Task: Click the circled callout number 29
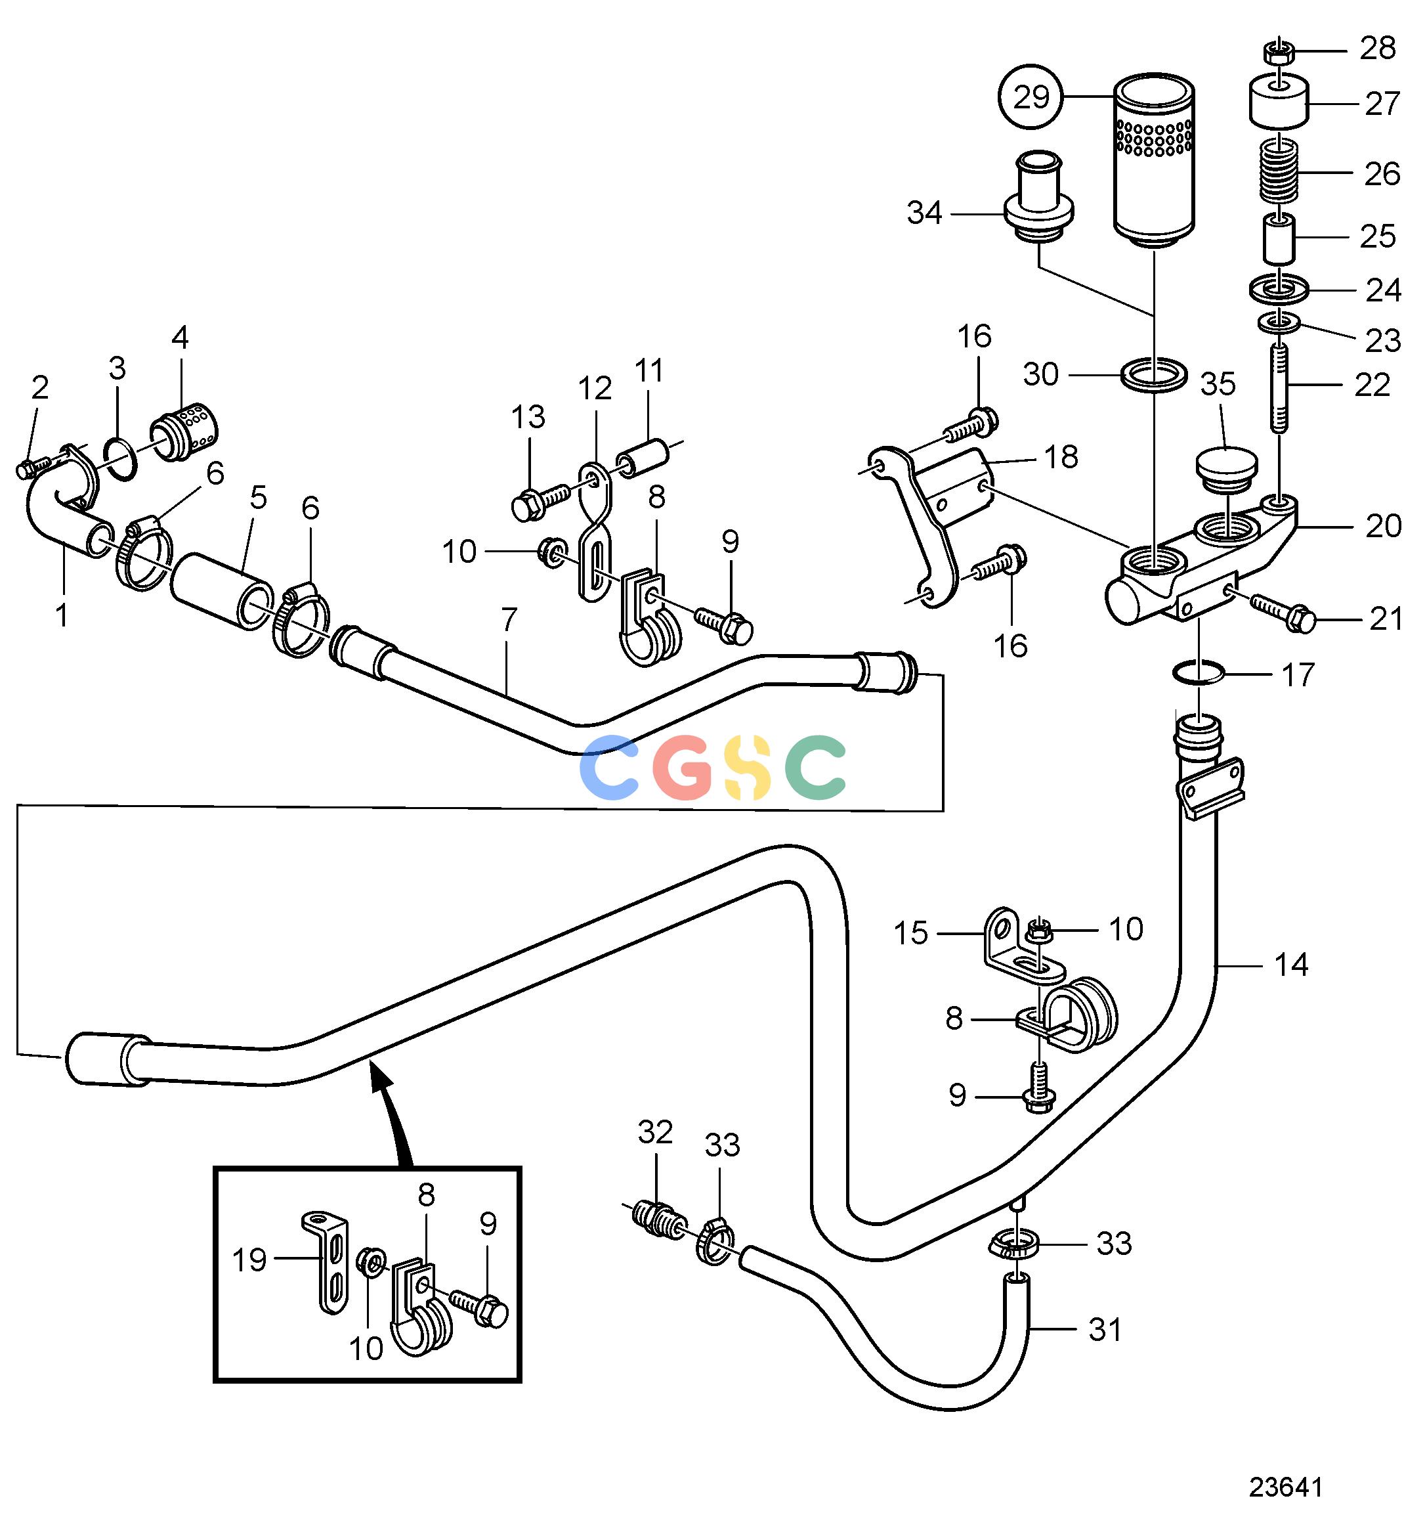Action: click(1032, 97)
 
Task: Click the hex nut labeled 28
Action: click(1278, 53)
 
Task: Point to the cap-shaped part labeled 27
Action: click(1279, 102)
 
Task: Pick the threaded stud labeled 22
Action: click(1279, 387)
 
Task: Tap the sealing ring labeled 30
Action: click(1153, 375)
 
